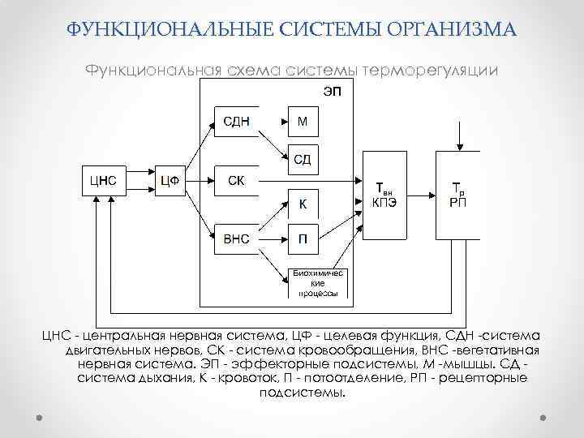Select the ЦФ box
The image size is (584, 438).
(x=170, y=180)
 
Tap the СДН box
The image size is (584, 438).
(x=236, y=122)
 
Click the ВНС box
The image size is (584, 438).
(x=236, y=238)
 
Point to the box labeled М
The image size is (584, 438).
(x=303, y=122)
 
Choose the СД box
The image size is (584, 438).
(x=303, y=158)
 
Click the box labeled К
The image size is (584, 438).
(x=303, y=203)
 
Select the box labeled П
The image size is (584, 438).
(x=303, y=238)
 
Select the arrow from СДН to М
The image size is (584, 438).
(x=275, y=122)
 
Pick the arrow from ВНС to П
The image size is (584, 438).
(x=275, y=238)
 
